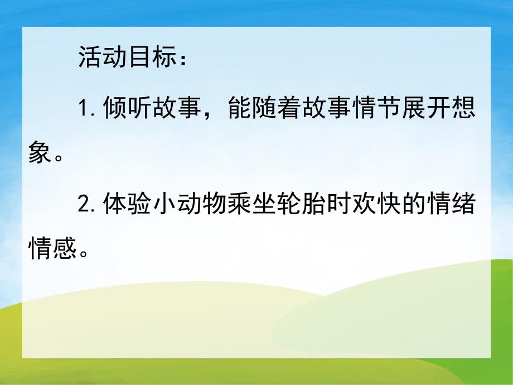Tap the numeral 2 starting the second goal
(x=85, y=206)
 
